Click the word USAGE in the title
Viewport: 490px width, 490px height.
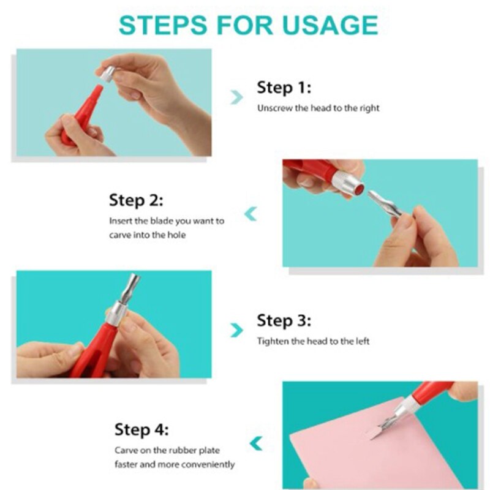pyautogui.click(x=330, y=24)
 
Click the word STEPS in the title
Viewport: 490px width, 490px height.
pyautogui.click(x=163, y=24)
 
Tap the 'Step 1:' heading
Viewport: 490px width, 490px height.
pyautogui.click(x=284, y=88)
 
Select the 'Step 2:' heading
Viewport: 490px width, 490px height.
pyautogui.click(x=136, y=200)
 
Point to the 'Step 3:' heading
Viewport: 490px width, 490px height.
pyautogui.click(x=284, y=320)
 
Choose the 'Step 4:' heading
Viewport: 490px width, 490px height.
pyautogui.click(x=141, y=429)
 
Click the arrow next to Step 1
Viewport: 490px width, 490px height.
pyautogui.click(x=236, y=97)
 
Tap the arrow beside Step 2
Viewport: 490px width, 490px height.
pyautogui.click(x=251, y=214)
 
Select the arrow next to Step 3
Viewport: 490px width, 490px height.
pyautogui.click(x=236, y=330)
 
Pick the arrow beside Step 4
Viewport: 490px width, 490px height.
pyautogui.click(x=256, y=443)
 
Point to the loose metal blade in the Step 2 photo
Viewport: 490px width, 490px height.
pyautogui.click(x=385, y=204)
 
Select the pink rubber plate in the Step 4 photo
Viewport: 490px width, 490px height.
pyautogui.click(x=375, y=443)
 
